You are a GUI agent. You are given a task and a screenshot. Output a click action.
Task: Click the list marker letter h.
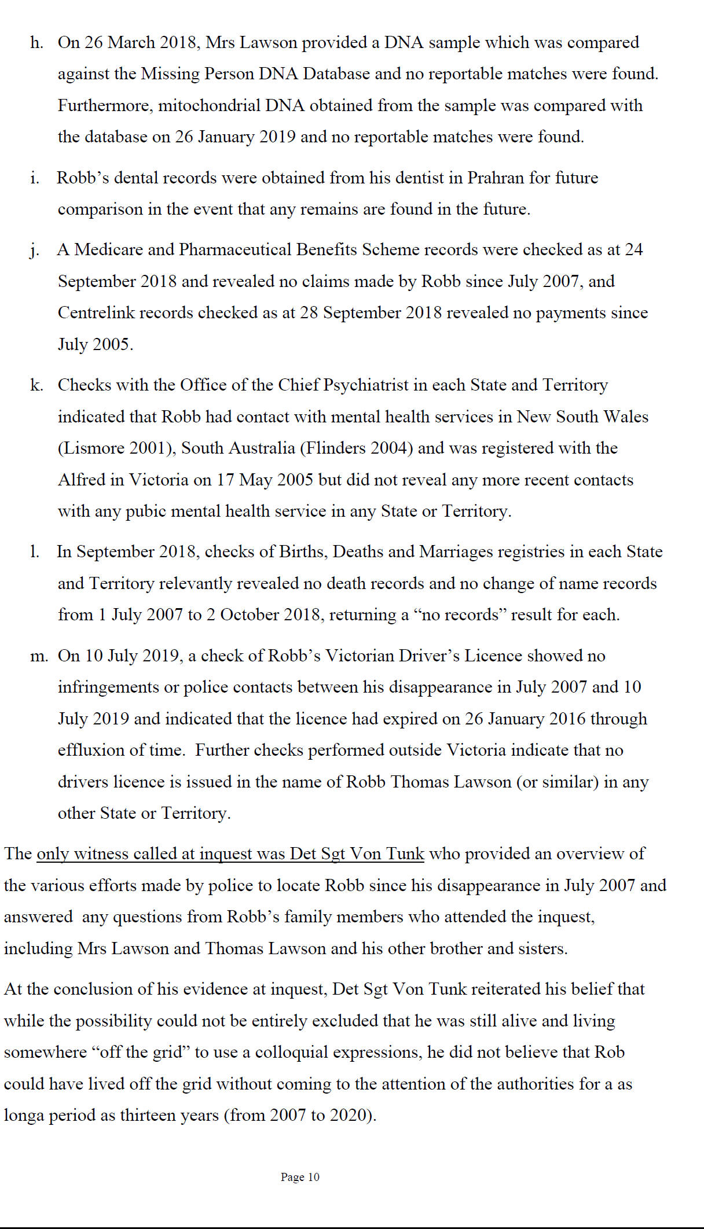36,43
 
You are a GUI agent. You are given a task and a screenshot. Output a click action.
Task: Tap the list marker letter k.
36,385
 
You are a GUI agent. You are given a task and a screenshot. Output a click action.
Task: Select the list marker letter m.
39,656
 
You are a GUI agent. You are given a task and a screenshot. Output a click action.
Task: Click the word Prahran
496,178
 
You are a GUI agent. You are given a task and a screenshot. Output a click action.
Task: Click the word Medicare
108,249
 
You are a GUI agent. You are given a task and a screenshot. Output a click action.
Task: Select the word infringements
108,687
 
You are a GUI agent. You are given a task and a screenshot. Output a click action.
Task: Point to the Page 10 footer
300,1177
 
